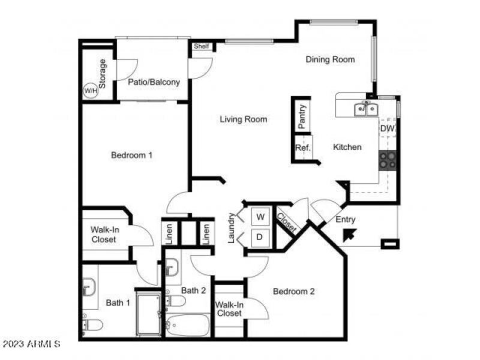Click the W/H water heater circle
click(90, 91)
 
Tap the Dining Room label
click(330, 59)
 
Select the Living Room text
click(243, 119)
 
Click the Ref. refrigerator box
click(302, 147)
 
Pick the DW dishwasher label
click(387, 128)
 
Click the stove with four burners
click(388, 160)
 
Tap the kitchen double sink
click(365, 109)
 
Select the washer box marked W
click(260, 216)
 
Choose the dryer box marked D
click(260, 236)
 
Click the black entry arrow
click(348, 234)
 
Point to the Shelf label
click(201, 46)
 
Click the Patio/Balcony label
click(154, 82)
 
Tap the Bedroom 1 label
click(132, 155)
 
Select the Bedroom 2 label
click(294, 292)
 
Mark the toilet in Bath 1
click(92, 325)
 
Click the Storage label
click(103, 73)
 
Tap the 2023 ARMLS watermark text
click(31, 344)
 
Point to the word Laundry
click(231, 228)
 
